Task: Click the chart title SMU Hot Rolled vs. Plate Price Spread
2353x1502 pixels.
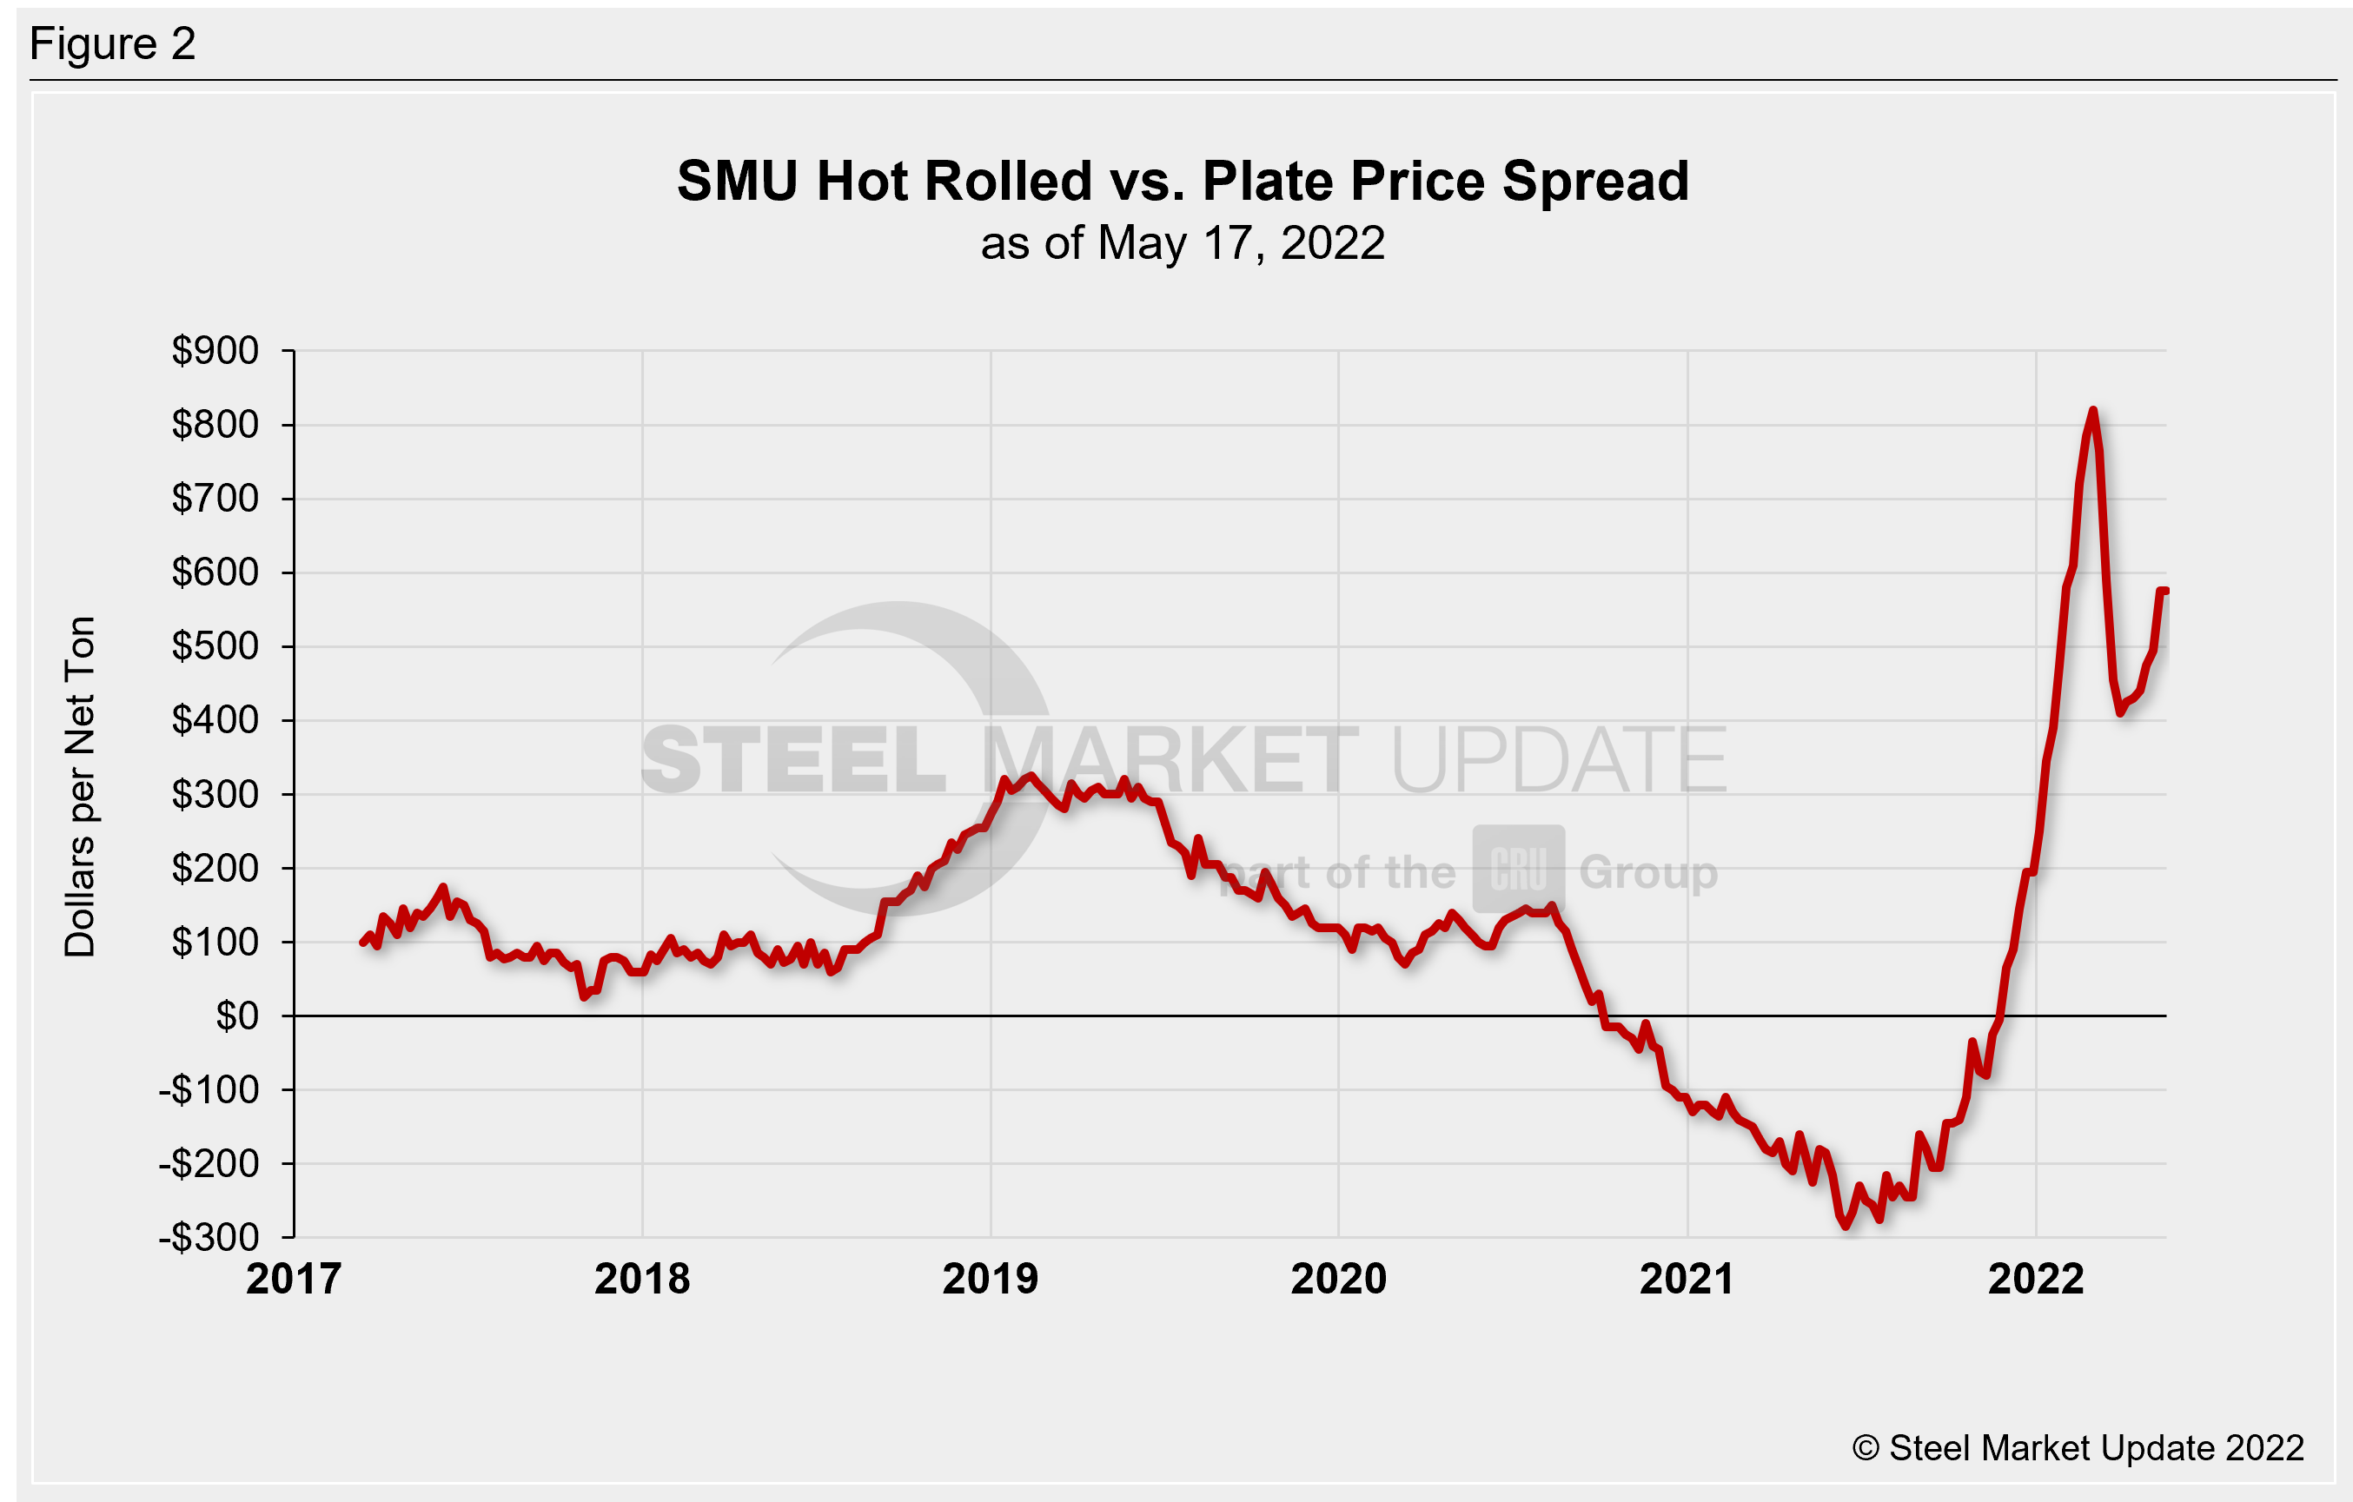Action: point(1183,182)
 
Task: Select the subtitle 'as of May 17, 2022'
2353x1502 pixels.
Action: point(1183,243)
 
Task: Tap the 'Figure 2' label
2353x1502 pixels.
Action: point(112,44)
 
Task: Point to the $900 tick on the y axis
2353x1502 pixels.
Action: point(215,350)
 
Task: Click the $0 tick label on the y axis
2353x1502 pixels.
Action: point(236,1016)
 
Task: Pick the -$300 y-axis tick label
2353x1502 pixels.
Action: point(209,1238)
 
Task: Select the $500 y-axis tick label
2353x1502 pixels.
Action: point(215,646)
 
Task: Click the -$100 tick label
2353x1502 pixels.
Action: point(209,1089)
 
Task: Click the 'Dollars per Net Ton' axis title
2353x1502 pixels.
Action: point(80,787)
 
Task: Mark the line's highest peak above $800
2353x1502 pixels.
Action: point(2092,412)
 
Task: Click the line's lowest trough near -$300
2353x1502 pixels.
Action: point(1846,1225)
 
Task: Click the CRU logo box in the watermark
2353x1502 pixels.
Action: point(1519,869)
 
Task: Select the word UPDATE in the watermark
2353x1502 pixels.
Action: point(1558,760)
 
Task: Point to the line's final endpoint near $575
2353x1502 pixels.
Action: point(2165,592)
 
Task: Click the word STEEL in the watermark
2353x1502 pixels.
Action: point(793,760)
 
